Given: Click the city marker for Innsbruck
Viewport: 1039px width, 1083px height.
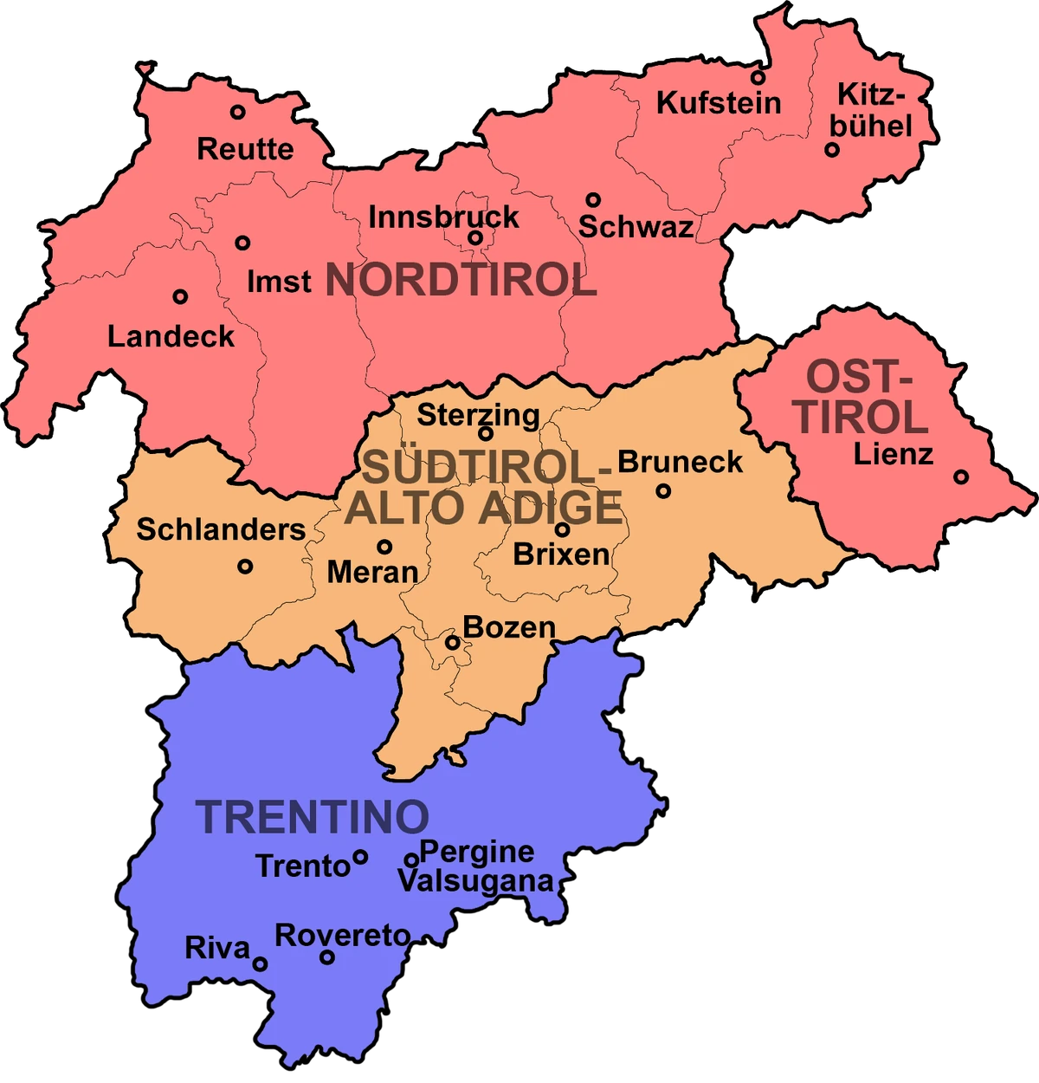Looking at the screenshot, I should [474, 237].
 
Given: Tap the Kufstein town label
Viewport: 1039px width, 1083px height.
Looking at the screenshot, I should [718, 103].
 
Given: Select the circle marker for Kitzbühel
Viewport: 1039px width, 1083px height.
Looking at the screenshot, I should [831, 149].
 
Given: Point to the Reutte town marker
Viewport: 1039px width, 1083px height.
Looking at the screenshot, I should [237, 112].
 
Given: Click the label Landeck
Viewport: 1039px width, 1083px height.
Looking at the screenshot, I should [171, 336].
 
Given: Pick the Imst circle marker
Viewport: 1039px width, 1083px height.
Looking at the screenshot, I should [242, 243].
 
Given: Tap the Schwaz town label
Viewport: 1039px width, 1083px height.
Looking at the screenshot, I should [636, 227].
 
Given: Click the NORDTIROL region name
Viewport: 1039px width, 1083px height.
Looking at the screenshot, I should [461, 281].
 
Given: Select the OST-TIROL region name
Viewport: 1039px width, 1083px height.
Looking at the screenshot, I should [859, 398].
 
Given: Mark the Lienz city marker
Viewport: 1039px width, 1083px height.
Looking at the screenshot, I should [960, 477].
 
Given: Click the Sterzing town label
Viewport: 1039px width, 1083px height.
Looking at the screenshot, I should [478, 415].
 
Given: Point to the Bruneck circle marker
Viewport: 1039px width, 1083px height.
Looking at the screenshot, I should [663, 490].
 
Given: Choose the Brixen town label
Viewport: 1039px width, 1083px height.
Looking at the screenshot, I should [561, 554].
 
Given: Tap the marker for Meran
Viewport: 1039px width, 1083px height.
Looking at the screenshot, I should [384, 547].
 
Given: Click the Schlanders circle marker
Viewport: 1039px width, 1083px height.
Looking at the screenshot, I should [245, 566].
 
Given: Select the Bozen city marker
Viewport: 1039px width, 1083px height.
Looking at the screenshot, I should [452, 642].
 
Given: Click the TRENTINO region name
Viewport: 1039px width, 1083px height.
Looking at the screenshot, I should [313, 817].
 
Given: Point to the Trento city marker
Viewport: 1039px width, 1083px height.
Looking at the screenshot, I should [360, 857].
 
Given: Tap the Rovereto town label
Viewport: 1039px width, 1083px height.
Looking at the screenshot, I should [343, 936].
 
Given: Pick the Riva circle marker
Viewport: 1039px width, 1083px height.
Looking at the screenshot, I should [260, 963].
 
